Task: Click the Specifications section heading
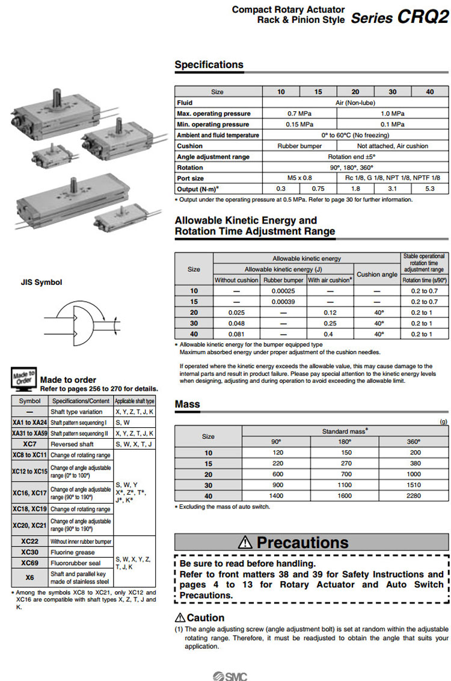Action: pyautogui.click(x=209, y=65)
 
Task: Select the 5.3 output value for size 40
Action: pyautogui.click(x=429, y=189)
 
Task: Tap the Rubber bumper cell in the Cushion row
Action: pyautogui.click(x=299, y=146)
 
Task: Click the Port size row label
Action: pyautogui.click(x=191, y=178)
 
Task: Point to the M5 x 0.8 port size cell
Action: pyautogui.click(x=299, y=178)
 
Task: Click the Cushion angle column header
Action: pyautogui.click(x=377, y=274)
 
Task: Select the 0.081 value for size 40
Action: pyautogui.click(x=236, y=334)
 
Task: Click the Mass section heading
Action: pyautogui.click(x=187, y=405)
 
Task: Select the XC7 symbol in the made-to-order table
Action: pyautogui.click(x=29, y=444)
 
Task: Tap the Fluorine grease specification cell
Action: pyautogui.click(x=72, y=552)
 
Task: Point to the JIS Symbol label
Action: pyautogui.click(x=41, y=282)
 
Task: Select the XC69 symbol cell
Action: pyautogui.click(x=29, y=563)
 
